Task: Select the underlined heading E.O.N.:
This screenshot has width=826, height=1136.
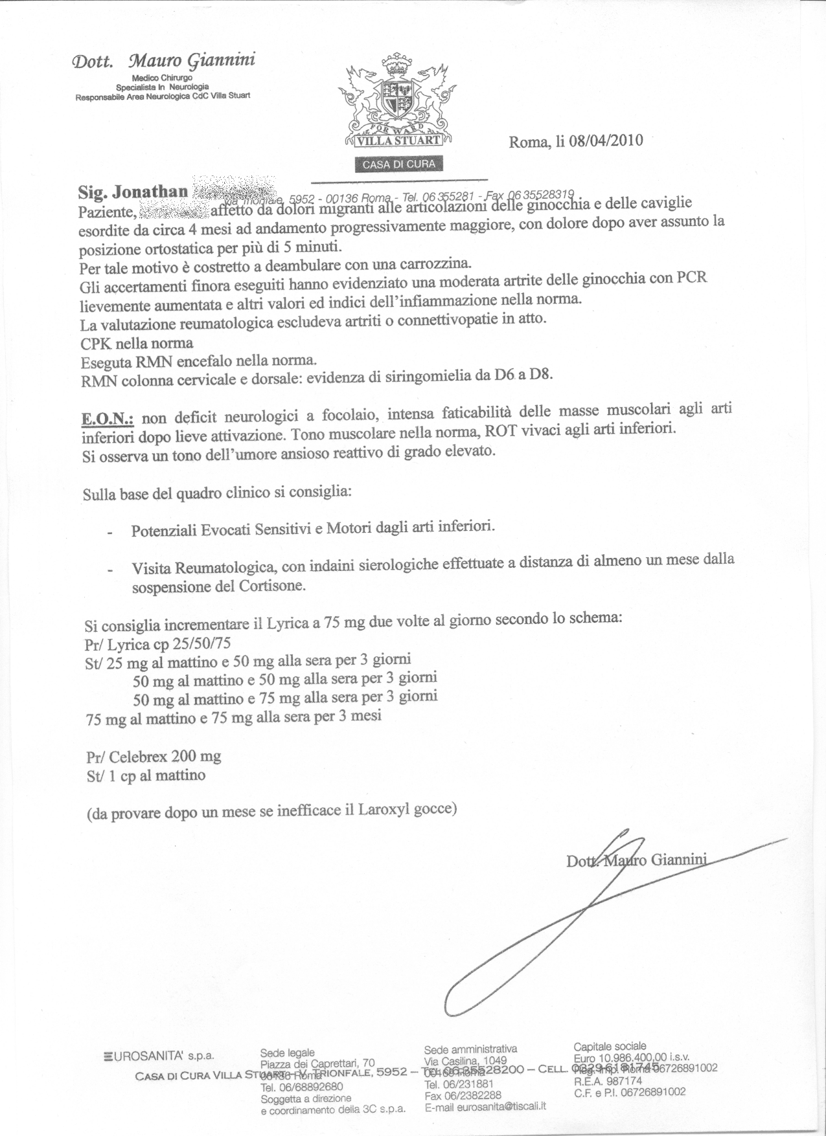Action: pyautogui.click(x=107, y=419)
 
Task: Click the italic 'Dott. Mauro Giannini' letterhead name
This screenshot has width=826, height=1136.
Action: pyautogui.click(x=164, y=61)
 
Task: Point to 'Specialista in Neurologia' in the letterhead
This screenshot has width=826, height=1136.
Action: pyautogui.click(x=163, y=87)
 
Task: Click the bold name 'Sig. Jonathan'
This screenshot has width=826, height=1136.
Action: pyautogui.click(x=133, y=192)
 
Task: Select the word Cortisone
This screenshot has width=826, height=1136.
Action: pyautogui.click(x=270, y=586)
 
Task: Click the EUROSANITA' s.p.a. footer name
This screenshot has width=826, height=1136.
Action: pyautogui.click(x=159, y=1056)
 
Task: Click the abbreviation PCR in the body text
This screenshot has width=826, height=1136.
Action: pyautogui.click(x=691, y=279)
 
